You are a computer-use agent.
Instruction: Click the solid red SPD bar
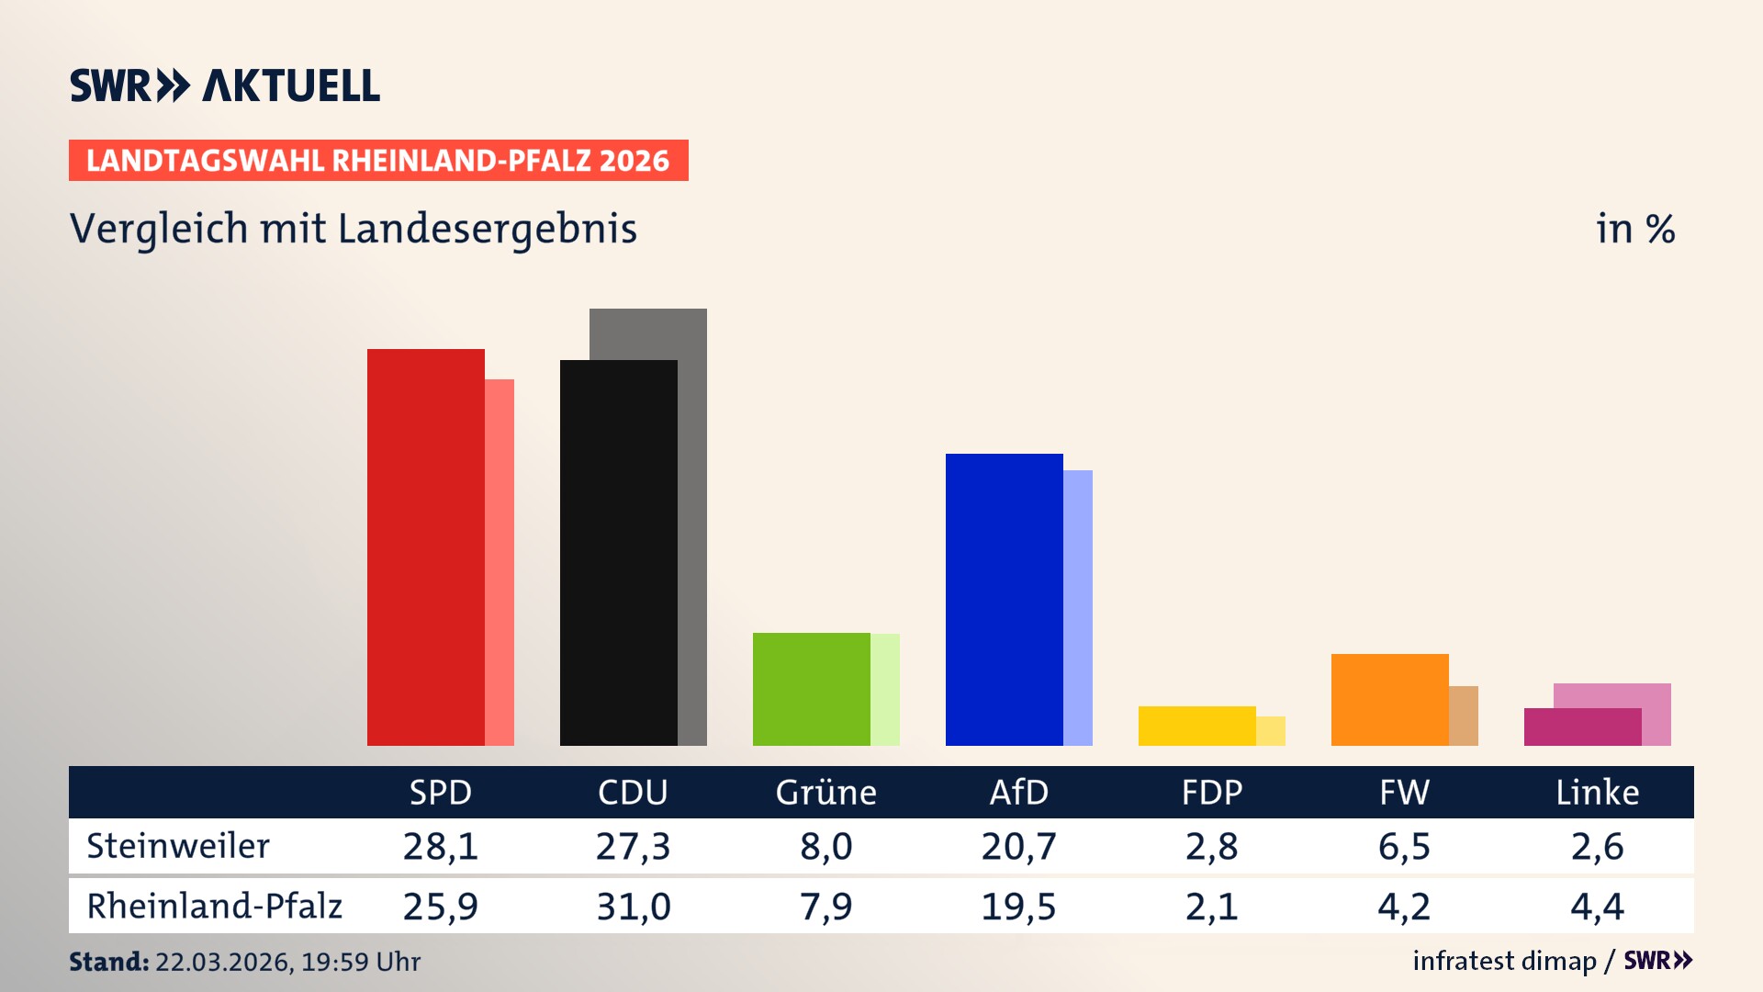coord(425,547)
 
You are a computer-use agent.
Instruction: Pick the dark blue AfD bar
coord(1004,599)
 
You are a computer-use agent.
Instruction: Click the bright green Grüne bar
coord(811,689)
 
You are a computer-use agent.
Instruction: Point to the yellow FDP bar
coord(1196,726)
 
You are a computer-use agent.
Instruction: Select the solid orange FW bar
coord(1389,699)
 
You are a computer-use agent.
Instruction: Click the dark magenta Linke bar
coord(1582,727)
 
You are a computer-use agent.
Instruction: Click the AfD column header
coord(1018,792)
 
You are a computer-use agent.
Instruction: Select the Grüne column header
coord(825,792)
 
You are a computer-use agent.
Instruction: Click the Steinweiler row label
coord(178,846)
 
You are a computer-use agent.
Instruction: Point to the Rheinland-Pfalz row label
coord(214,906)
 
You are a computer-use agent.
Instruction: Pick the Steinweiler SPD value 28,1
coord(441,846)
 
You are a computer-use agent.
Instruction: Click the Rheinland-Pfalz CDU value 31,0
coord(634,907)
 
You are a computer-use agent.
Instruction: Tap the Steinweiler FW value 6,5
coord(1404,846)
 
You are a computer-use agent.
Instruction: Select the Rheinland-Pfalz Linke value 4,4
coord(1597,907)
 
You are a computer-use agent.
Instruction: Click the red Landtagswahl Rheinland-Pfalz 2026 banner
coord(378,160)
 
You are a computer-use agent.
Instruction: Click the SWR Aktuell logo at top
coord(225,85)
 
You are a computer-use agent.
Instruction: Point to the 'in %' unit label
coord(1635,229)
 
